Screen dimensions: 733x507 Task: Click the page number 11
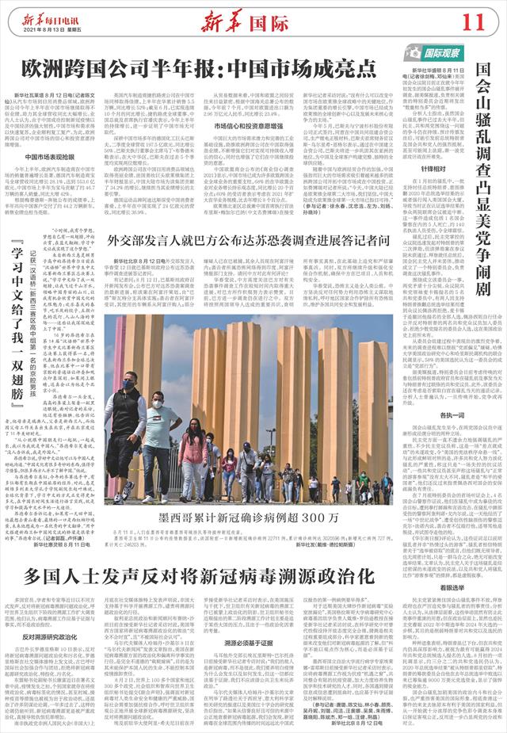pyautogui.click(x=484, y=19)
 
